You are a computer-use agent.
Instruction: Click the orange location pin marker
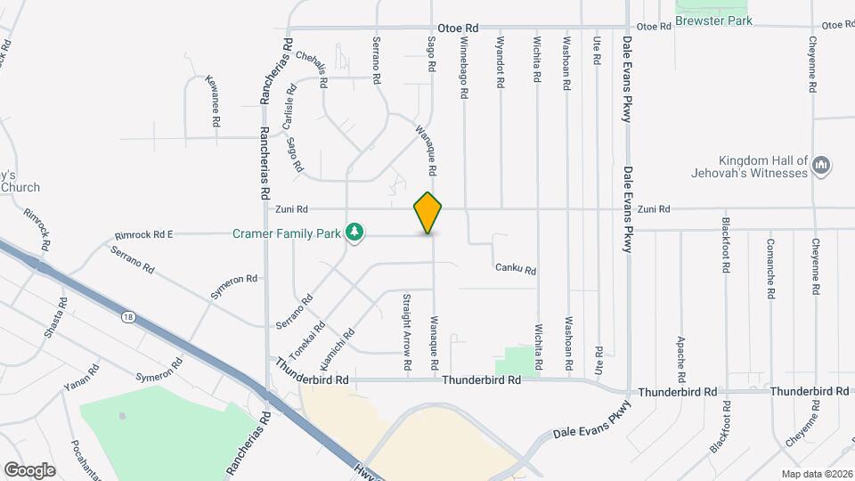[428, 213]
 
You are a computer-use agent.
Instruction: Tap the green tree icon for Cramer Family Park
[355, 232]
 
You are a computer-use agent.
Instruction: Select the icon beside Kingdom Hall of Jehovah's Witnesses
[822, 165]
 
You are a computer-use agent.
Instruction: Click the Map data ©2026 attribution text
[816, 474]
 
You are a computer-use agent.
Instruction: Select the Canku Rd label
[516, 269]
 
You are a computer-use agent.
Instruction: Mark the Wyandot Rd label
[501, 61]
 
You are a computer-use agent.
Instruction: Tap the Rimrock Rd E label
[143, 235]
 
